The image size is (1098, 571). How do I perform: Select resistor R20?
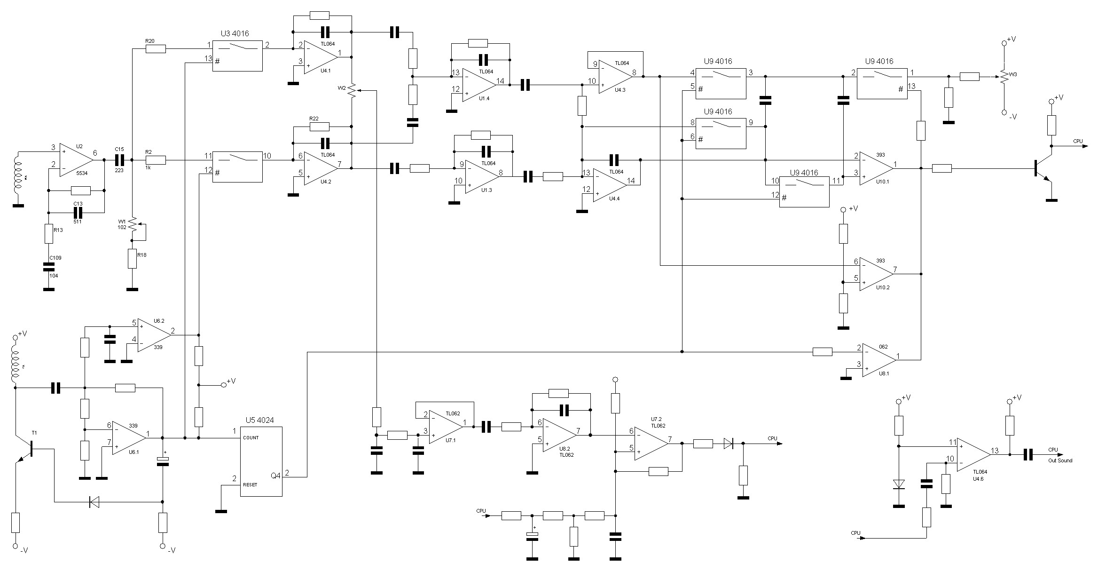coord(156,48)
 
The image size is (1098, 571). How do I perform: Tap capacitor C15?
coord(119,160)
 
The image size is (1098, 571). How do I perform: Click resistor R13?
coord(48,234)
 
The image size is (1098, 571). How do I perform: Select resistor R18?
coord(132,259)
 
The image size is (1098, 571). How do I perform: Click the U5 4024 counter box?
coord(261,461)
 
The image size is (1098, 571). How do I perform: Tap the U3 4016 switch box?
coord(237,56)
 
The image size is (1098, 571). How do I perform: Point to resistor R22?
coord(320,127)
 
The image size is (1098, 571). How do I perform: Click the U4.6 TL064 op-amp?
coord(973,455)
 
